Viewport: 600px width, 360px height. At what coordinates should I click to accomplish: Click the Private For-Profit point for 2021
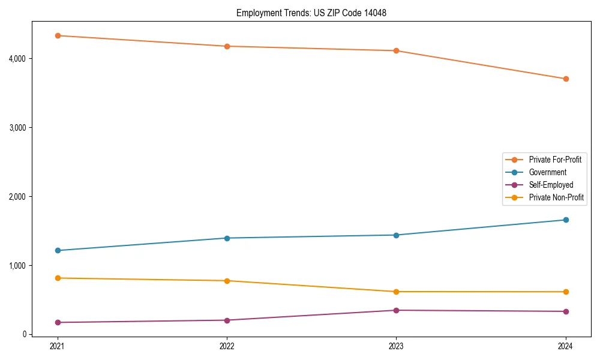point(58,35)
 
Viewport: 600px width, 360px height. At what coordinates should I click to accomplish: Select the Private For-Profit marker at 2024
point(566,79)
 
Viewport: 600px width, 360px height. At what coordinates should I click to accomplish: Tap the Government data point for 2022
point(227,238)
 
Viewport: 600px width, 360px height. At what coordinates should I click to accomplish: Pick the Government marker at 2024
point(566,220)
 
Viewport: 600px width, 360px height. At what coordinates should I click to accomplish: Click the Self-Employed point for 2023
point(396,310)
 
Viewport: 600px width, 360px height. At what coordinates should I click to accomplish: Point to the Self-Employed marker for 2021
point(58,322)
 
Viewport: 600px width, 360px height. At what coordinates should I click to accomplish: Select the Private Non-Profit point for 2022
point(227,281)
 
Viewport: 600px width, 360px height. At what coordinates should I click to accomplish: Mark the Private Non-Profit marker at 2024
point(566,292)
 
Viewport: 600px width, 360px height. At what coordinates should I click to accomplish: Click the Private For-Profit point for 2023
point(396,50)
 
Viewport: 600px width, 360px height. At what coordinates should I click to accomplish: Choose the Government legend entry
point(547,172)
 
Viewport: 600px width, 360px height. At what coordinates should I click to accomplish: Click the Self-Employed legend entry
point(551,185)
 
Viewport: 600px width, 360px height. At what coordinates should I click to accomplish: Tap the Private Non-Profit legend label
point(556,197)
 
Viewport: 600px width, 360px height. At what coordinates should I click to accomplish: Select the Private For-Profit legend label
point(555,160)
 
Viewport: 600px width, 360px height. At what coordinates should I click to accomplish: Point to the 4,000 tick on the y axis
point(16,58)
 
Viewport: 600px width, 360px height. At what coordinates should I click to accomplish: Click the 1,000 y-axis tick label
point(16,265)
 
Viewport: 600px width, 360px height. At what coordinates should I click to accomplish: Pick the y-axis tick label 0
point(24,334)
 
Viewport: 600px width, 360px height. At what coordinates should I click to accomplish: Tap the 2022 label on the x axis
point(227,346)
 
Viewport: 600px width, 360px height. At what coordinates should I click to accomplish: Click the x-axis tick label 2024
point(566,346)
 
